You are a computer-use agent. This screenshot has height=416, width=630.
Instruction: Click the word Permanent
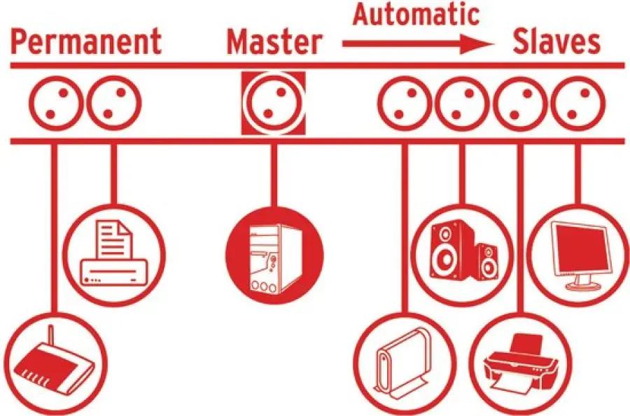pyautogui.click(x=86, y=42)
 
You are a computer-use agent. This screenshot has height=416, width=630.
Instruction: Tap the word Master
pyautogui.click(x=275, y=42)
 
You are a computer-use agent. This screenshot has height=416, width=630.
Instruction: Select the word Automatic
pyautogui.click(x=416, y=14)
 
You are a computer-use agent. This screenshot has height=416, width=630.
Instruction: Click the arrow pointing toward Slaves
pyautogui.click(x=418, y=44)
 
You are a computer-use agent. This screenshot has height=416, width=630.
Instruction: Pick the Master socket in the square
pyautogui.click(x=273, y=103)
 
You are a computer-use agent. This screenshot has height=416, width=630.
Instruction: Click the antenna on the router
pyautogui.click(x=50, y=340)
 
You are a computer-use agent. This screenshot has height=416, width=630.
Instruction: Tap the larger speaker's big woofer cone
pyautogui.click(x=446, y=259)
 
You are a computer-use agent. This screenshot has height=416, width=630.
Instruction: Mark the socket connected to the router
pyautogui.click(x=57, y=103)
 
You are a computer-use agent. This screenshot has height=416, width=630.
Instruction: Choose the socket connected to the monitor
pyautogui.click(x=578, y=103)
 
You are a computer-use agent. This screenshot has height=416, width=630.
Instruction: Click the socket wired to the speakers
pyautogui.click(x=463, y=103)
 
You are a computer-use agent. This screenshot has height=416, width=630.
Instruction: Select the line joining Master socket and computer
pyautogui.click(x=274, y=175)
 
